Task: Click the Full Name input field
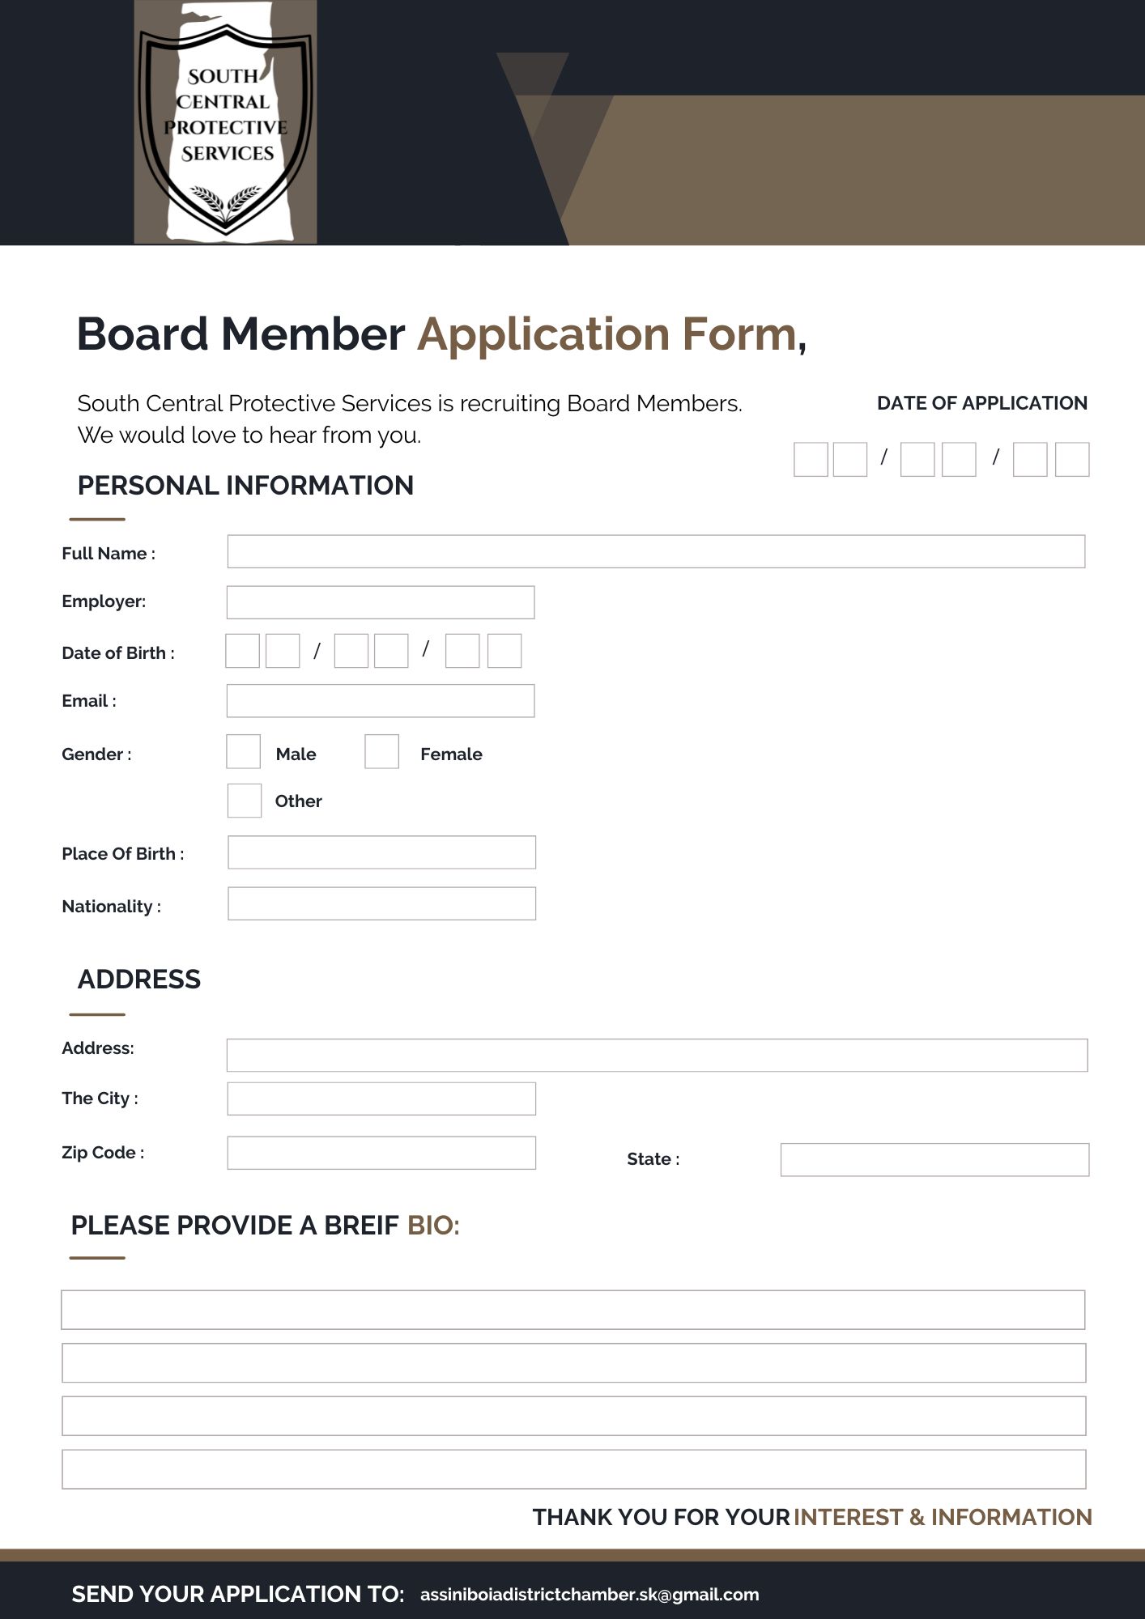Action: (656, 551)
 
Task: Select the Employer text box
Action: (380, 602)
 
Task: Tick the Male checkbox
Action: (243, 751)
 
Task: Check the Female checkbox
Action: (381, 751)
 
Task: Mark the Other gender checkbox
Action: (244, 801)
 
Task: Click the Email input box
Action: (380, 701)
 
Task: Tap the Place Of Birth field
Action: (381, 852)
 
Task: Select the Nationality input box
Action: (381, 903)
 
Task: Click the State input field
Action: (934, 1159)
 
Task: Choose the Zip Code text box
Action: (381, 1153)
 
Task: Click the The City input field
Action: (381, 1098)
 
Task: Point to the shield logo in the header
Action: (225, 121)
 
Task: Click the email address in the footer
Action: (590, 1595)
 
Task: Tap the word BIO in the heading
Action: (432, 1226)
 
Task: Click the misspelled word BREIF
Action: (361, 1226)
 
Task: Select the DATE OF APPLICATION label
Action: (981, 403)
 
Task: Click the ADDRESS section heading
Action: (139, 979)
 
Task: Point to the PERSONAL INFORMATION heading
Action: (245, 486)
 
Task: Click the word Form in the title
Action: (739, 334)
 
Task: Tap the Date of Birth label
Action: (118, 653)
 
